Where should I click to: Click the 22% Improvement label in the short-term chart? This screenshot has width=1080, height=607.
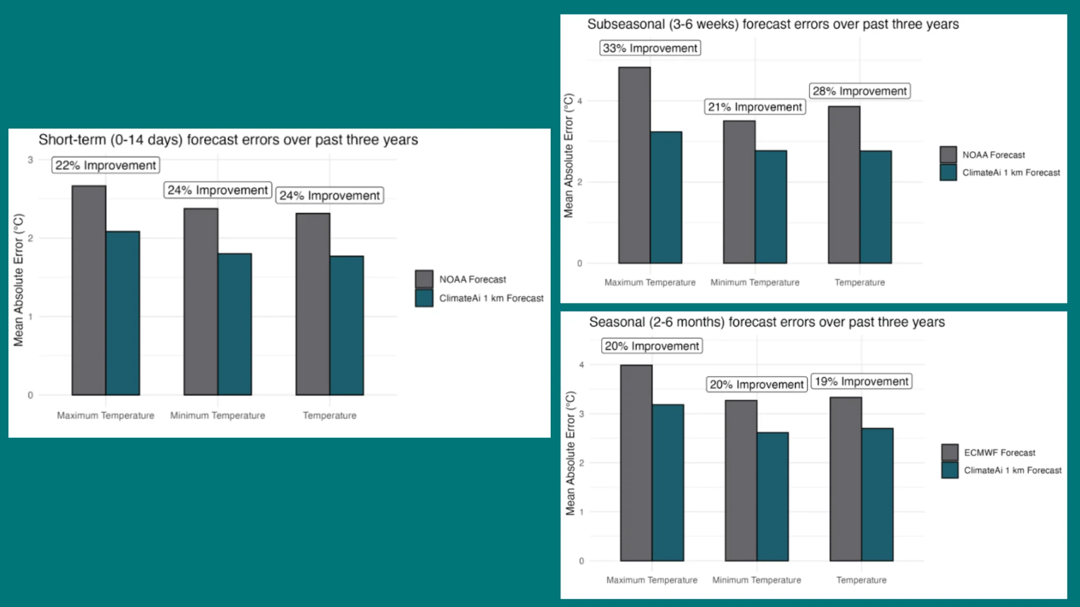point(106,165)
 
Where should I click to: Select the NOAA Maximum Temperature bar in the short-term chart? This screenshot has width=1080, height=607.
point(89,290)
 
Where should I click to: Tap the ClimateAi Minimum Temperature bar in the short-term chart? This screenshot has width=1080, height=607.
point(235,324)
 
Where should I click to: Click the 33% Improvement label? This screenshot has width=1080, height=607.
point(650,48)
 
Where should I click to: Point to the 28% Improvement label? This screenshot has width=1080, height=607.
point(859,91)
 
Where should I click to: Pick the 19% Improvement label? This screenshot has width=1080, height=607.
point(861,382)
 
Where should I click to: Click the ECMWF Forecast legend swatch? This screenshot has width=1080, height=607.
point(949,452)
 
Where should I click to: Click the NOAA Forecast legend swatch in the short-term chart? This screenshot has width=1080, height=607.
point(424,279)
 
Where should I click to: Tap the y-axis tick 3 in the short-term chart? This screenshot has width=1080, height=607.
point(30,160)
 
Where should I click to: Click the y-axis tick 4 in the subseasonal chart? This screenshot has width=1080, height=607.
point(579,101)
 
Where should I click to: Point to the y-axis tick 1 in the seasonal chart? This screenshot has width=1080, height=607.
point(581,512)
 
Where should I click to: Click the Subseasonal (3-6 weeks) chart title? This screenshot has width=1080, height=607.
point(773,24)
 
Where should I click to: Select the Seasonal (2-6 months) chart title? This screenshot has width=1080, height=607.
point(767,322)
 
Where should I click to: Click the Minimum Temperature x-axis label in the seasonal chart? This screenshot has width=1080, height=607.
point(757,580)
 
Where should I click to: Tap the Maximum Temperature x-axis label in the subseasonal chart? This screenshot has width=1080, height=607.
point(650,283)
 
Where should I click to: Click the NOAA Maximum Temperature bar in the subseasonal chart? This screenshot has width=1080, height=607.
point(634,165)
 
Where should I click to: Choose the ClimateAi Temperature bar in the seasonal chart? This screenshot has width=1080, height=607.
point(877,495)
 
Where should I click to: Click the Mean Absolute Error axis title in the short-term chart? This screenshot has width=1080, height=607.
point(19,280)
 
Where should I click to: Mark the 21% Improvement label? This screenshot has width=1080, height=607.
point(755,107)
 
